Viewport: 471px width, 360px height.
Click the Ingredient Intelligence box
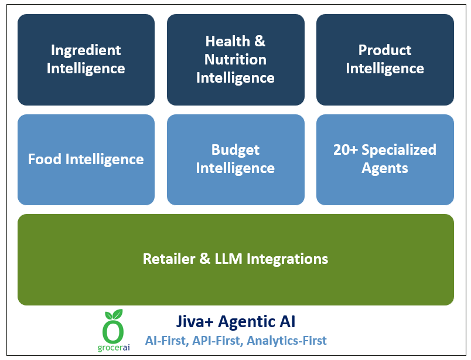(x=86, y=59)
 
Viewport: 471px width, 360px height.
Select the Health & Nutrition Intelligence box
(x=235, y=59)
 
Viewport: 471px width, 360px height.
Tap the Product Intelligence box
(x=385, y=59)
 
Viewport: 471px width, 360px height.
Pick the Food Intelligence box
(x=86, y=159)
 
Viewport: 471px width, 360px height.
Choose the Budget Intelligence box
(x=235, y=159)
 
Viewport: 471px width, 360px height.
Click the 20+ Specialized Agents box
(x=385, y=159)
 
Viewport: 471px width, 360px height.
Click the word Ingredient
(x=86, y=50)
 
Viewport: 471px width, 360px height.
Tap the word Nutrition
(x=235, y=59)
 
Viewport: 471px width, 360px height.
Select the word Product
(x=385, y=50)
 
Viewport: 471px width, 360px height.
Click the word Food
(x=45, y=159)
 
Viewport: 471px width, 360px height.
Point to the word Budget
(x=235, y=150)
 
